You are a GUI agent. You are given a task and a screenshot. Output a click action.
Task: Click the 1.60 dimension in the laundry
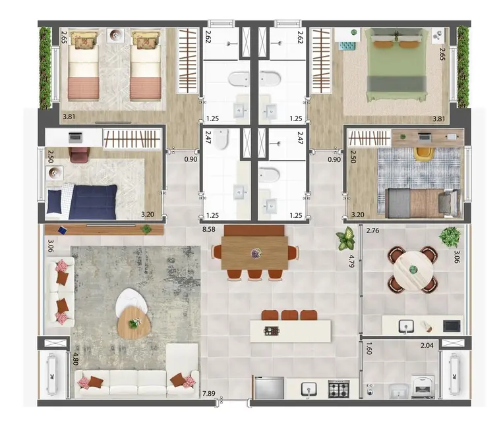370,348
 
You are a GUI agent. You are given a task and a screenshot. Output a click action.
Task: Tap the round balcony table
413,269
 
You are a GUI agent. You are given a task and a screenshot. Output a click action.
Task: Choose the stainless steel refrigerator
269,388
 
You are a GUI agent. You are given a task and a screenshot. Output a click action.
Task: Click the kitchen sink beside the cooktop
309,390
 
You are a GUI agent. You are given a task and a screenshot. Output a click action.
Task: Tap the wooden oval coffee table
133,322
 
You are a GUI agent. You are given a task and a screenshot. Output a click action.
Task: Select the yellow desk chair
423,153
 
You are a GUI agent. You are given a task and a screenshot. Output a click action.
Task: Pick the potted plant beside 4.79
345,239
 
